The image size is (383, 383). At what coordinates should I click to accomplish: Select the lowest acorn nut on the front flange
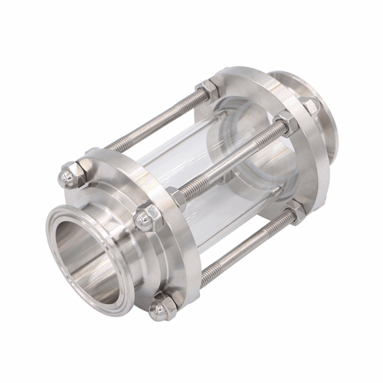click(162, 308)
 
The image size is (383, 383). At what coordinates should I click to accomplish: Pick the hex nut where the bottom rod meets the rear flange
click(296, 209)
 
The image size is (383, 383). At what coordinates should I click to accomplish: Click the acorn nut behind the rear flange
click(309, 106)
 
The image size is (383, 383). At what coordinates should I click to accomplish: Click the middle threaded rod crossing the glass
click(230, 161)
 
